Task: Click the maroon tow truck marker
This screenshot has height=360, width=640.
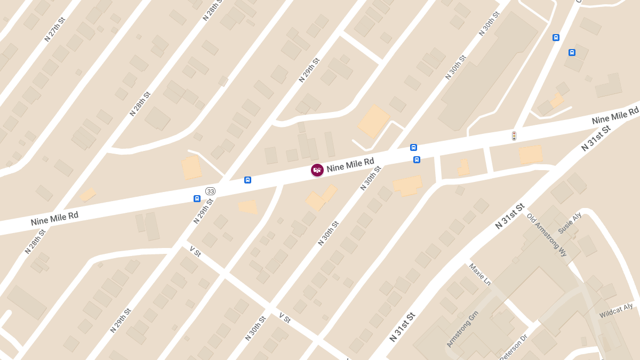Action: (x=317, y=170)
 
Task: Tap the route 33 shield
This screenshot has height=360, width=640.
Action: (x=211, y=191)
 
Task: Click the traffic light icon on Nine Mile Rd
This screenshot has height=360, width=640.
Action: (x=514, y=136)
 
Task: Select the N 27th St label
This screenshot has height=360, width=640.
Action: (x=54, y=29)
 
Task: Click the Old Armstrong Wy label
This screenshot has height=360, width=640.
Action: (x=546, y=235)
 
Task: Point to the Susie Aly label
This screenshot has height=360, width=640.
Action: (x=570, y=222)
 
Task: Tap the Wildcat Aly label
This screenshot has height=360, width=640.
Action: (x=616, y=311)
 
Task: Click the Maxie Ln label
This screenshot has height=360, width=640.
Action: (x=479, y=274)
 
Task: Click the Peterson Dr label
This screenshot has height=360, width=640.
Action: (x=514, y=347)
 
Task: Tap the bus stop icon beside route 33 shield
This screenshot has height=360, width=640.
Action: (x=197, y=198)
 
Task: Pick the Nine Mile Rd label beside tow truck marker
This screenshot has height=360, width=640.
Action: (x=350, y=164)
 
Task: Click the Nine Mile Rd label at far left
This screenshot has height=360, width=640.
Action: (x=54, y=218)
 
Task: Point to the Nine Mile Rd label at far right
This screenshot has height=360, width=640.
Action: (x=615, y=115)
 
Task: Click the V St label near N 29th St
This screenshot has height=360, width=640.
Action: (x=195, y=251)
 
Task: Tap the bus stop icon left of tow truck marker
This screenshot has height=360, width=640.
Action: (x=247, y=180)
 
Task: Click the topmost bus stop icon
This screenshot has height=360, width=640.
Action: (x=556, y=37)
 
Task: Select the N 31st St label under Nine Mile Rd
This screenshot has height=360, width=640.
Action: (x=596, y=139)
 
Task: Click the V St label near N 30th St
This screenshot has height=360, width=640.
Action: (x=285, y=318)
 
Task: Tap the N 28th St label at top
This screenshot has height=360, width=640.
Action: (x=212, y=11)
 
